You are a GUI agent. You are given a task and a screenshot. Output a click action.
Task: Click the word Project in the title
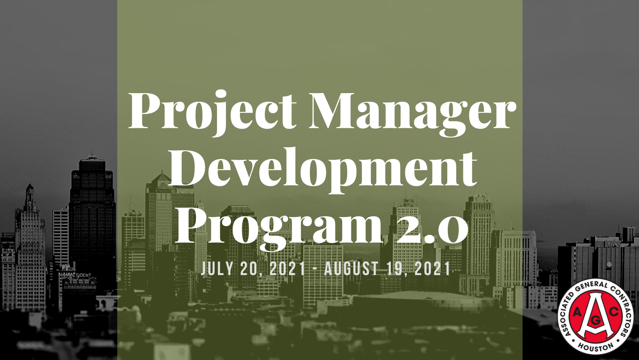213,113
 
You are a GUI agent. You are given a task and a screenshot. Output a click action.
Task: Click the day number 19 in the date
394,268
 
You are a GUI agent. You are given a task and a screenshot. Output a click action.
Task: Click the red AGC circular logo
595,316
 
